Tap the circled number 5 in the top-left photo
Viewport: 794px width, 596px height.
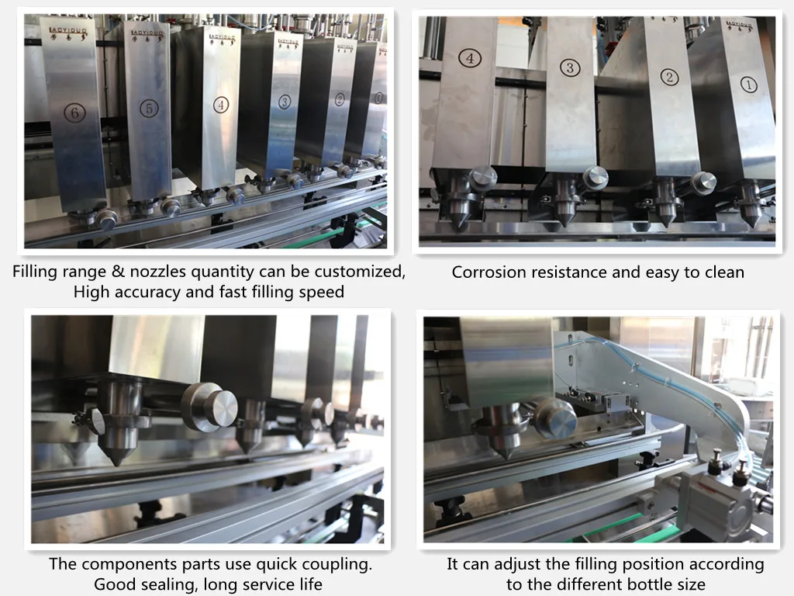click(150, 109)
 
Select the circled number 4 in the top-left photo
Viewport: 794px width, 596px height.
click(221, 105)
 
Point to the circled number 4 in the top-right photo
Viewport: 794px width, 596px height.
click(469, 57)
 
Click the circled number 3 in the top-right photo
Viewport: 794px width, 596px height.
click(570, 68)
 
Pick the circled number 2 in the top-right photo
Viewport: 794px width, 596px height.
click(669, 77)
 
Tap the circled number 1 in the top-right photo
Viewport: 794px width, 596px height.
click(748, 85)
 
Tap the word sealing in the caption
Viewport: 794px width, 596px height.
click(173, 584)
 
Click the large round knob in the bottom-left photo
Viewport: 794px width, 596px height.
click(209, 406)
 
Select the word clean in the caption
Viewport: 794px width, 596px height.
click(722, 272)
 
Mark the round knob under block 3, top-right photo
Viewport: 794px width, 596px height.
click(595, 177)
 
